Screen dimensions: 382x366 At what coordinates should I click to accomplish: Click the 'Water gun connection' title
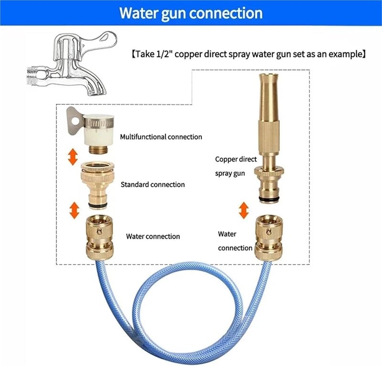pyautogui.click(x=191, y=13)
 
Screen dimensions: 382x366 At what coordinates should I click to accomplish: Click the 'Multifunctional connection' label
pyautogui.click(x=161, y=137)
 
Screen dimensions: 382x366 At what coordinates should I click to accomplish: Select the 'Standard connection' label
pyautogui.click(x=152, y=184)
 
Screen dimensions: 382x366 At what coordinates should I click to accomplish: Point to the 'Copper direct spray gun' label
pyautogui.click(x=236, y=166)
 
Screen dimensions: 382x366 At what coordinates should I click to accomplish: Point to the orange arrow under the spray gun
pyautogui.click(x=244, y=209)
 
